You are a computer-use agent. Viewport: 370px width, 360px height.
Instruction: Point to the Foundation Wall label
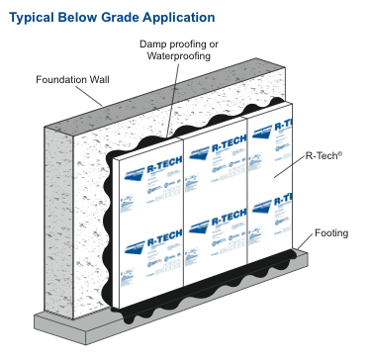pyautogui.click(x=74, y=79)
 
